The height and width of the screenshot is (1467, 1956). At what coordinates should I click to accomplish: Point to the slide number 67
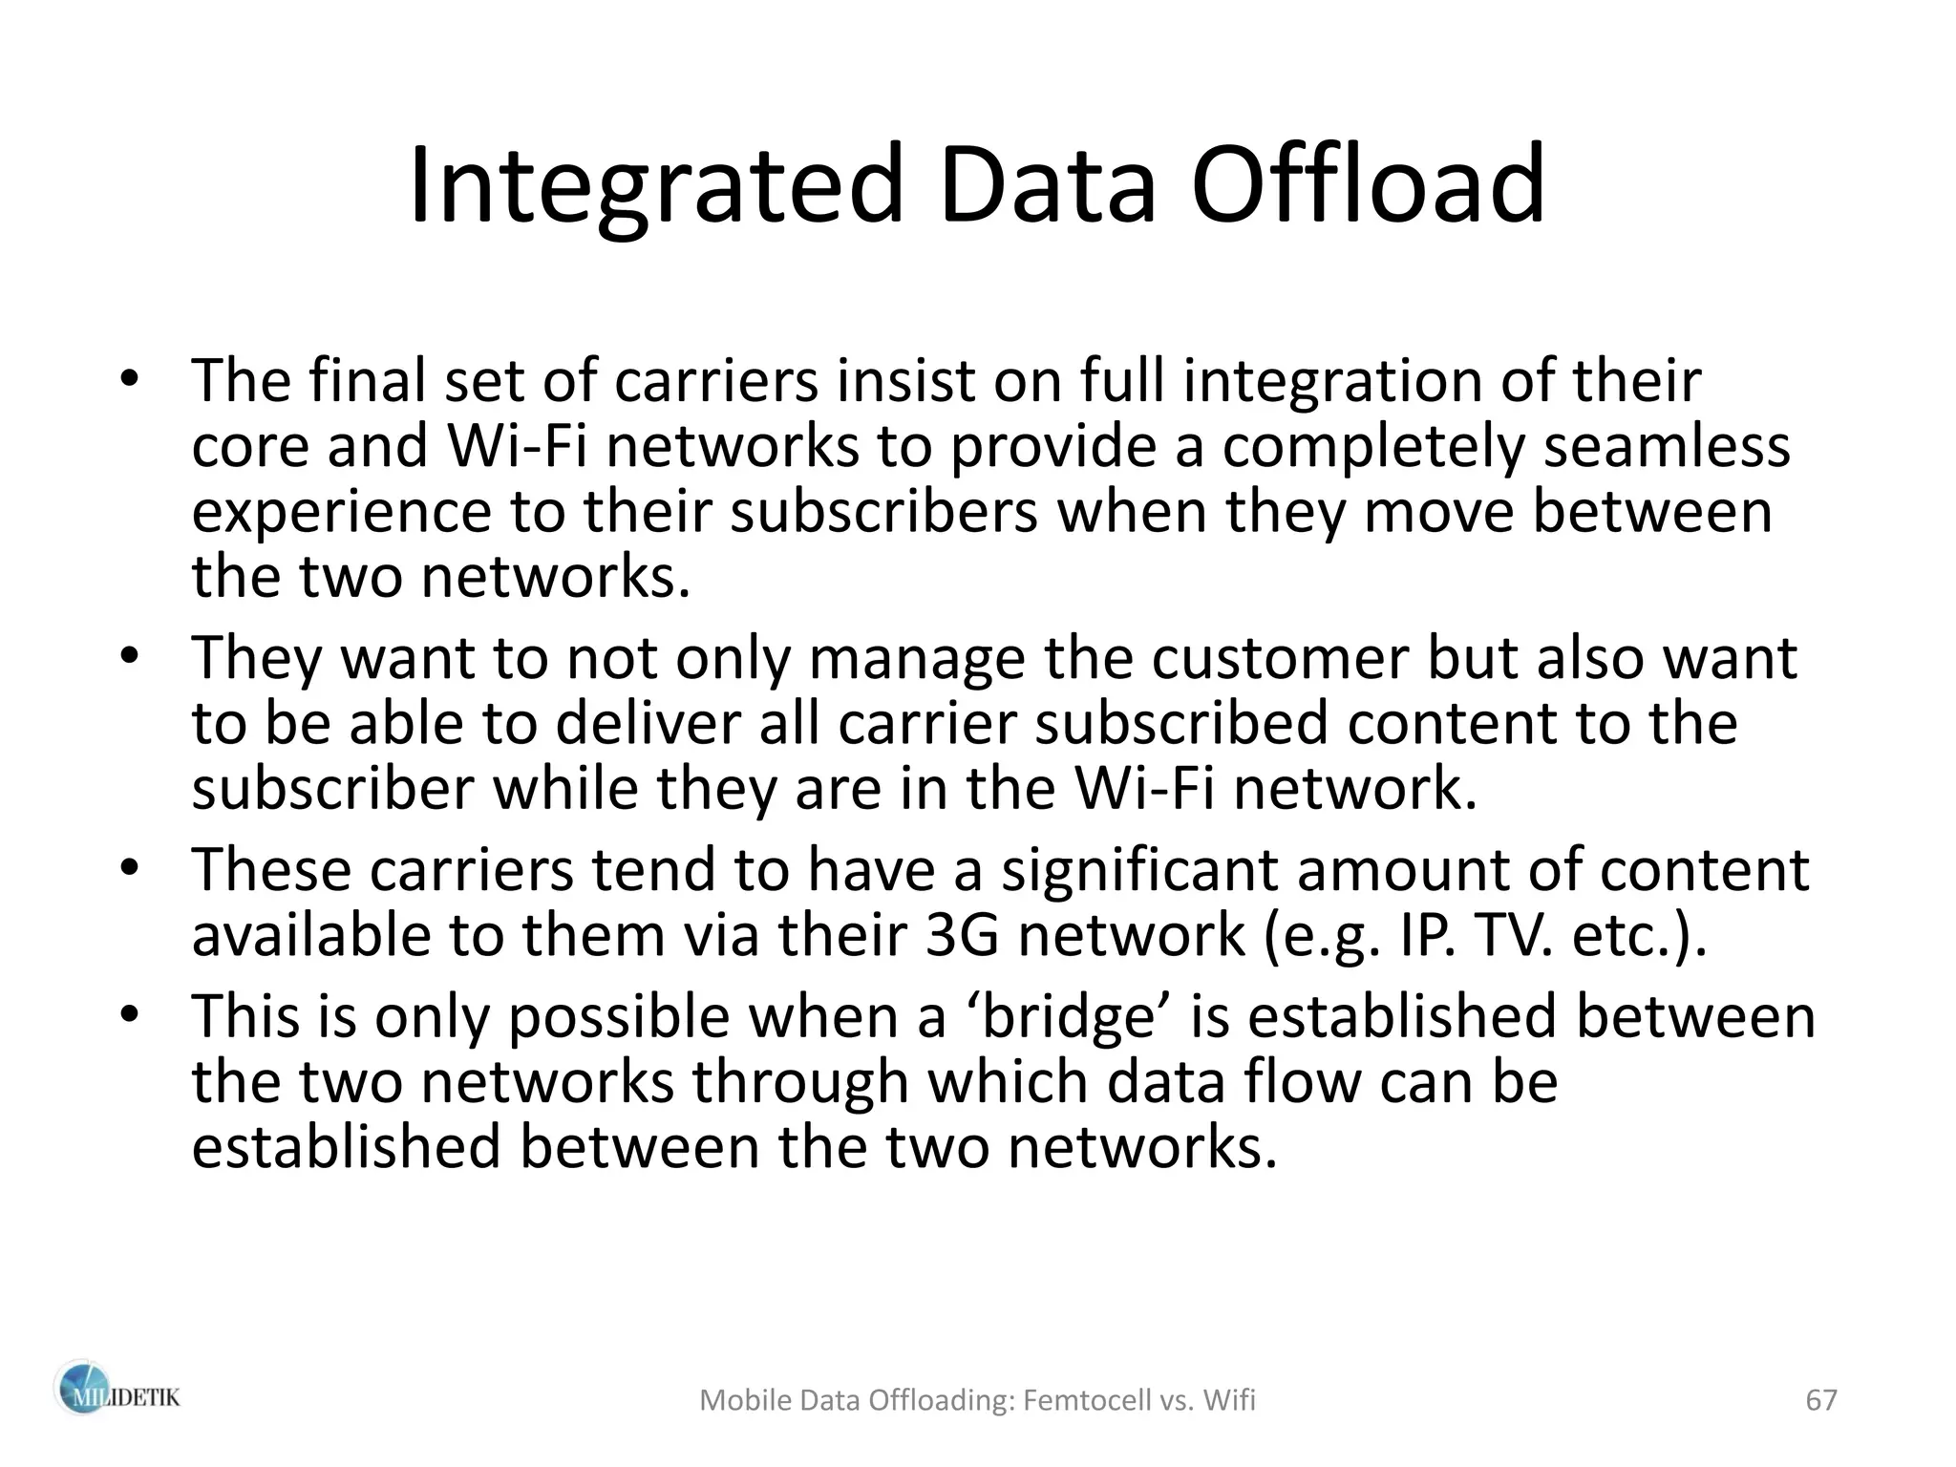point(1821,1400)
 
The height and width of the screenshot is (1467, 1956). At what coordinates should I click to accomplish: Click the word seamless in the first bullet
point(1667,446)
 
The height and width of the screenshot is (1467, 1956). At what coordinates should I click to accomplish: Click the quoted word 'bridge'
point(1061,1016)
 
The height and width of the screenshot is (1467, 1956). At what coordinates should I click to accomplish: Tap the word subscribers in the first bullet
point(884,512)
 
